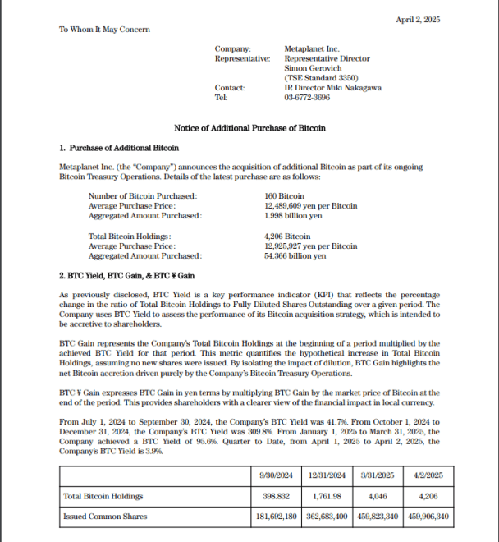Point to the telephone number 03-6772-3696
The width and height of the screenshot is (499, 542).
click(308, 98)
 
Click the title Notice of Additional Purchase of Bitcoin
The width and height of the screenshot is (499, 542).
click(249, 128)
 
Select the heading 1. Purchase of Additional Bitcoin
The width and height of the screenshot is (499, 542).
click(118, 148)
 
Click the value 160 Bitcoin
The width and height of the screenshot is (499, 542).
click(282, 196)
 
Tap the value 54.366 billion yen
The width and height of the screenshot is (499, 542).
click(295, 256)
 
